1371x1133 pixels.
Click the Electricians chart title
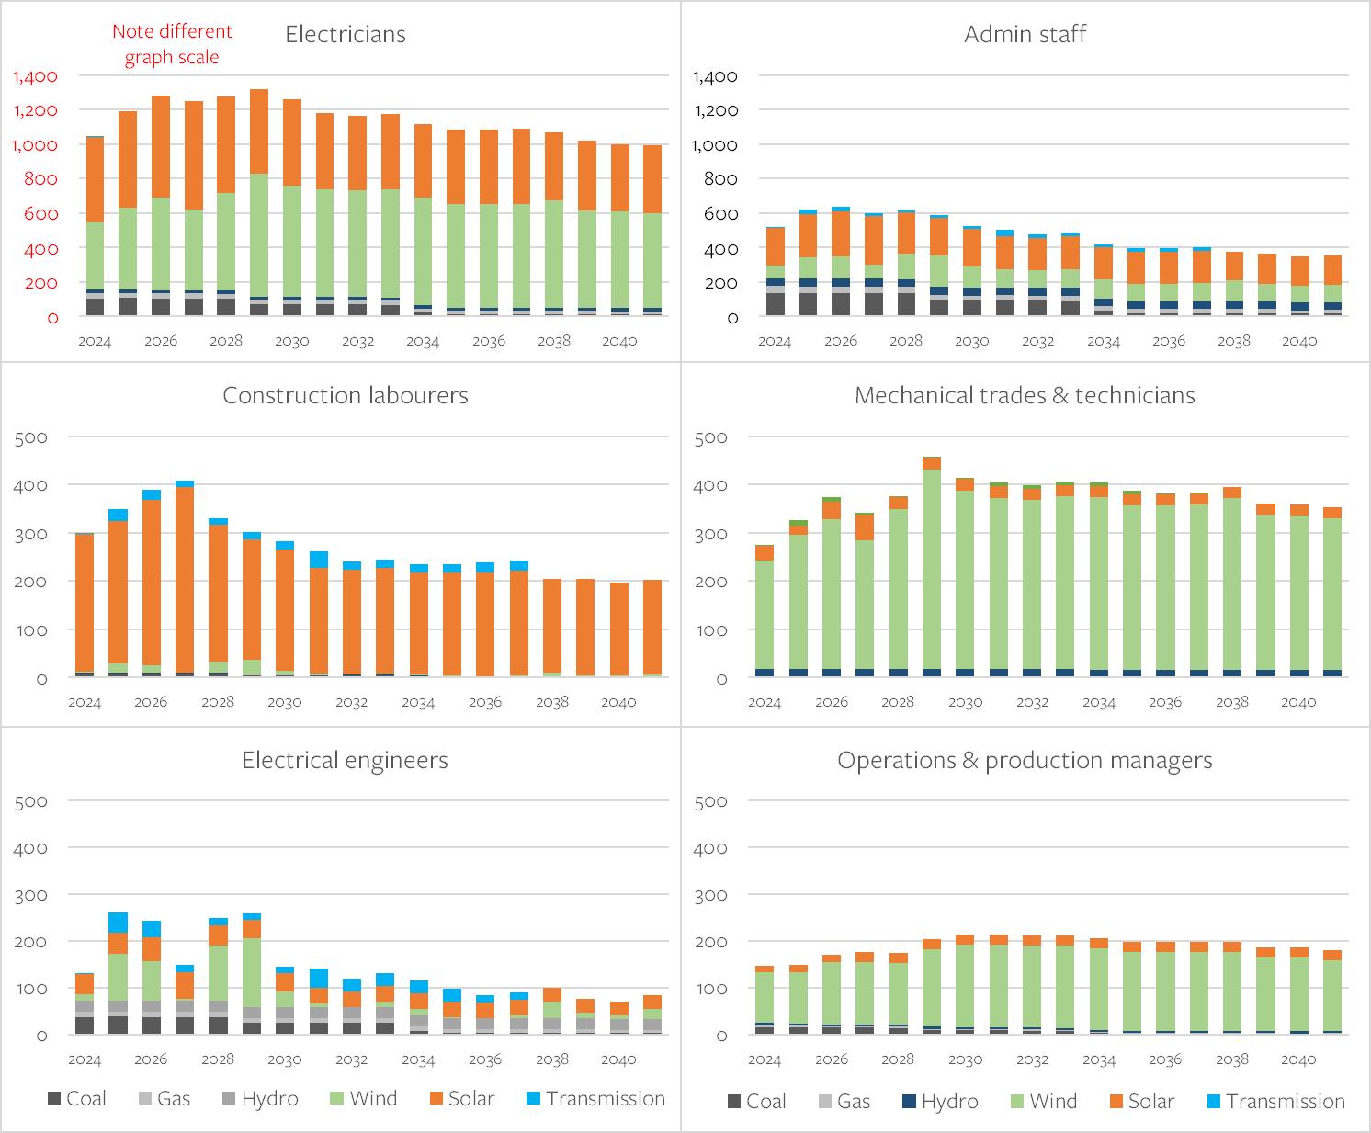click(345, 35)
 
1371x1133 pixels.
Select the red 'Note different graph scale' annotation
click(172, 44)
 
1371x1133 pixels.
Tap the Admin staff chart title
click(1025, 35)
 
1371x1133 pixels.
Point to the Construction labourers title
click(345, 396)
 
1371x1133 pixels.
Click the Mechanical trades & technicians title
click(1025, 396)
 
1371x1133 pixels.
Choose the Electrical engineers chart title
click(345, 761)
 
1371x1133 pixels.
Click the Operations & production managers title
click(1025, 761)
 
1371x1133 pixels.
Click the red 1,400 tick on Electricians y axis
click(36, 76)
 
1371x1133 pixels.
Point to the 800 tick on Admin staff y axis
click(720, 179)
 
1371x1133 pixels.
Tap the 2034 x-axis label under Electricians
click(423, 341)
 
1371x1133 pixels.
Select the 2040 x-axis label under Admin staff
click(1299, 341)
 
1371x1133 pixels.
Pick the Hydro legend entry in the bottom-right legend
click(939, 1102)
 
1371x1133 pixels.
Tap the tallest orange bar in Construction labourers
click(185, 579)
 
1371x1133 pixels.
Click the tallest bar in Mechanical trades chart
click(932, 570)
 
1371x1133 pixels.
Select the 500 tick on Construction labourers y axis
click(31, 437)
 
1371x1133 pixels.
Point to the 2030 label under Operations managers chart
click(965, 1059)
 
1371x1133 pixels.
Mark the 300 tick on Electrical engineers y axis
click(31, 895)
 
